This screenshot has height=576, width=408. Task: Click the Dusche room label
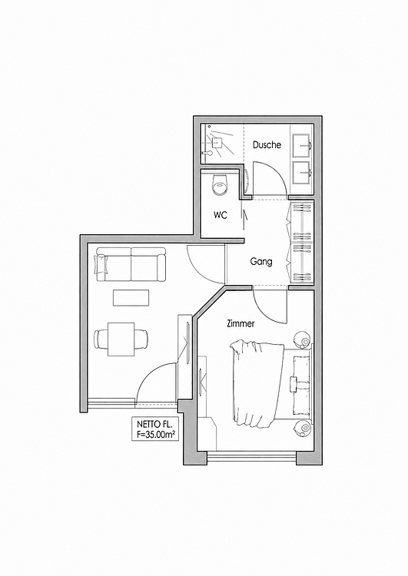click(x=267, y=144)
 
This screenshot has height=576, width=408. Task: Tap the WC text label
click(x=221, y=215)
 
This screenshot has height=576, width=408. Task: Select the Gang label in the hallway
click(x=261, y=262)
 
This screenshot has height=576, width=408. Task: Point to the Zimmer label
click(x=240, y=323)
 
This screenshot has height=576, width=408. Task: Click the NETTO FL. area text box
click(x=155, y=429)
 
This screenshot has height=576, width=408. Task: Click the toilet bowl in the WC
click(x=221, y=184)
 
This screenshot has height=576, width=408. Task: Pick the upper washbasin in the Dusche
click(x=302, y=146)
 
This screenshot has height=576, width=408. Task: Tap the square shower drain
click(x=217, y=141)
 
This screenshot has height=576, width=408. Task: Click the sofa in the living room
click(x=131, y=264)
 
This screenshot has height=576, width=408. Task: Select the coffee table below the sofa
click(x=131, y=297)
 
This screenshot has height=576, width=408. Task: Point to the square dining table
click(x=121, y=339)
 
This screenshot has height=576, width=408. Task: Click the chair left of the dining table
click(x=101, y=339)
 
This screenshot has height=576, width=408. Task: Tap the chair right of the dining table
click(x=141, y=339)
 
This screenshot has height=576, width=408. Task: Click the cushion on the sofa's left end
click(x=101, y=264)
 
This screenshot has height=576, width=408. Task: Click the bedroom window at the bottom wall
click(x=252, y=458)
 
